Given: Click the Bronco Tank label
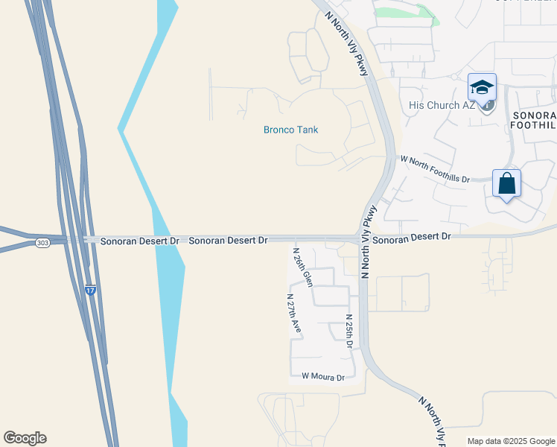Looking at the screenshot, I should [290, 130].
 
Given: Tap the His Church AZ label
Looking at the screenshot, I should [442, 105].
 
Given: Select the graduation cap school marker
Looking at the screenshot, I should [482, 87].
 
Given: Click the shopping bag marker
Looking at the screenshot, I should [506, 183].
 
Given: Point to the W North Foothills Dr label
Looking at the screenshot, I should [436, 169].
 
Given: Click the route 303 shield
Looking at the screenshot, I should [42, 243].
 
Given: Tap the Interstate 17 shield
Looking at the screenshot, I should [90, 290].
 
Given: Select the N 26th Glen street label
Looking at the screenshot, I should [302, 267].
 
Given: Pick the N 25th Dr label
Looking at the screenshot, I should [348, 332].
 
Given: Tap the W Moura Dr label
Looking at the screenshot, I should [323, 378].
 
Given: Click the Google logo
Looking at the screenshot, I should [25, 438].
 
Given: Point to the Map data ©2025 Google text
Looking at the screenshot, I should [510, 441].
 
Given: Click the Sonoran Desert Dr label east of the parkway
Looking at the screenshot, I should [412, 237].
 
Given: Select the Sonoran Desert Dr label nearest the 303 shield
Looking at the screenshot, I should [130, 241].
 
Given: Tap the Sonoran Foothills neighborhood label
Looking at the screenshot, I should [533, 121].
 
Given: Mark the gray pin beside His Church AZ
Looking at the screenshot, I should [487, 106].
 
